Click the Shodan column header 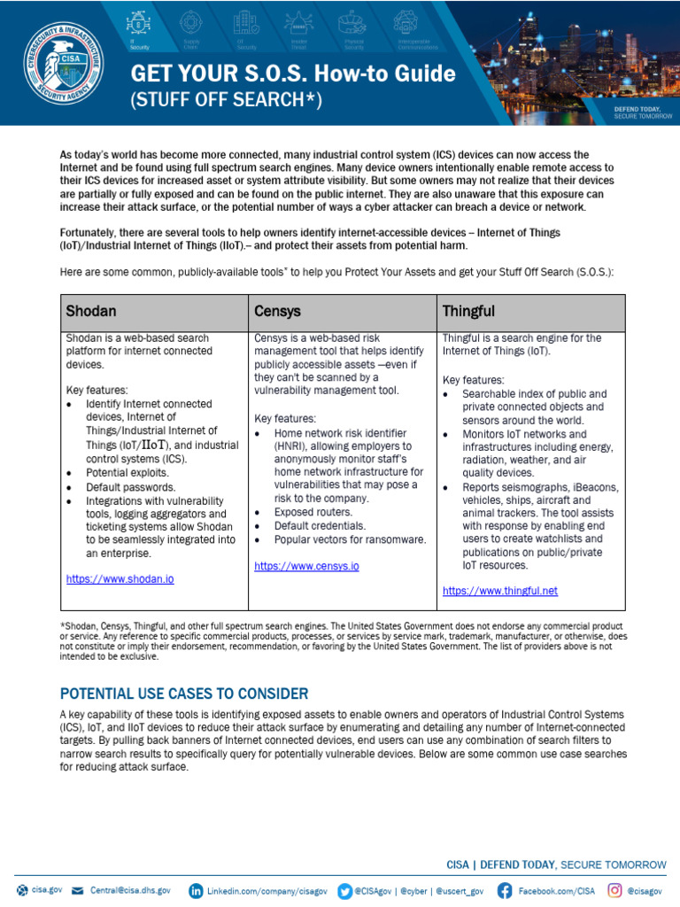click(x=91, y=312)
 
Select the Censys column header click(x=277, y=312)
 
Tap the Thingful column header click(x=468, y=312)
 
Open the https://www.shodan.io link click(x=120, y=578)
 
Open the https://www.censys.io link click(x=306, y=565)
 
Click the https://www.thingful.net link click(x=500, y=591)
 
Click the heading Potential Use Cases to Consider click(x=184, y=693)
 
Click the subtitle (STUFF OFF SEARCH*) click(x=226, y=99)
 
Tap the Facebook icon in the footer click(x=505, y=889)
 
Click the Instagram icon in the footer click(x=614, y=889)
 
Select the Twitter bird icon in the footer click(x=344, y=889)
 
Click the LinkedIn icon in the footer click(x=196, y=889)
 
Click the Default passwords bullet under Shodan click(x=130, y=487)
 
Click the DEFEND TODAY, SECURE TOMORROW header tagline click(x=637, y=112)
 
